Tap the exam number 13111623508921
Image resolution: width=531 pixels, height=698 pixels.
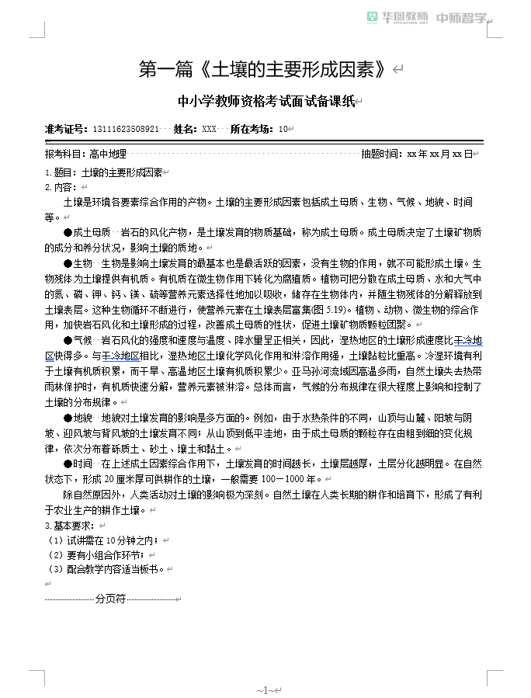126,129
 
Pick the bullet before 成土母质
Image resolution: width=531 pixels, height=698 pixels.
68,232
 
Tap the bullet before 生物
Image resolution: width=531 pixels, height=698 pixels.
68,263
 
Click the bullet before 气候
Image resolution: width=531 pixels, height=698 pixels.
68,341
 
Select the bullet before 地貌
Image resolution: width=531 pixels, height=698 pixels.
68,418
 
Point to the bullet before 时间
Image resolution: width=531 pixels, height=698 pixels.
68,464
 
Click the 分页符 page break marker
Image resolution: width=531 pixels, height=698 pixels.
110,599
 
